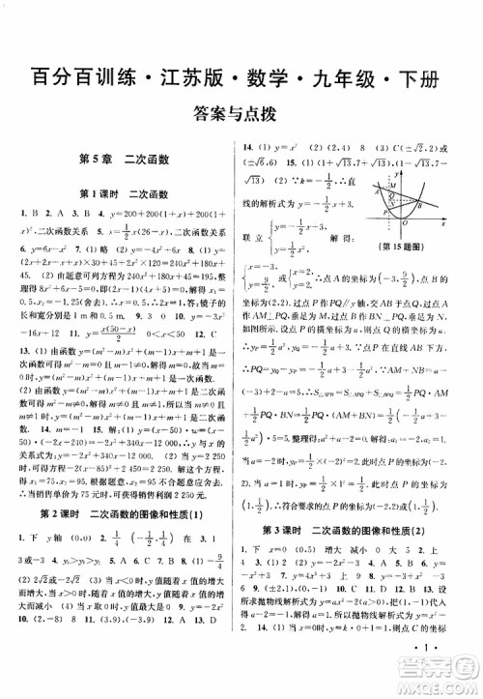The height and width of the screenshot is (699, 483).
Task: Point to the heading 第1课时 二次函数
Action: pyautogui.click(x=123, y=191)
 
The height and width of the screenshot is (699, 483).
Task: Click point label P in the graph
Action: pyautogui.click(x=386, y=207)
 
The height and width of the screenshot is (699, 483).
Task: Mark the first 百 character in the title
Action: pyautogui.click(x=38, y=75)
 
